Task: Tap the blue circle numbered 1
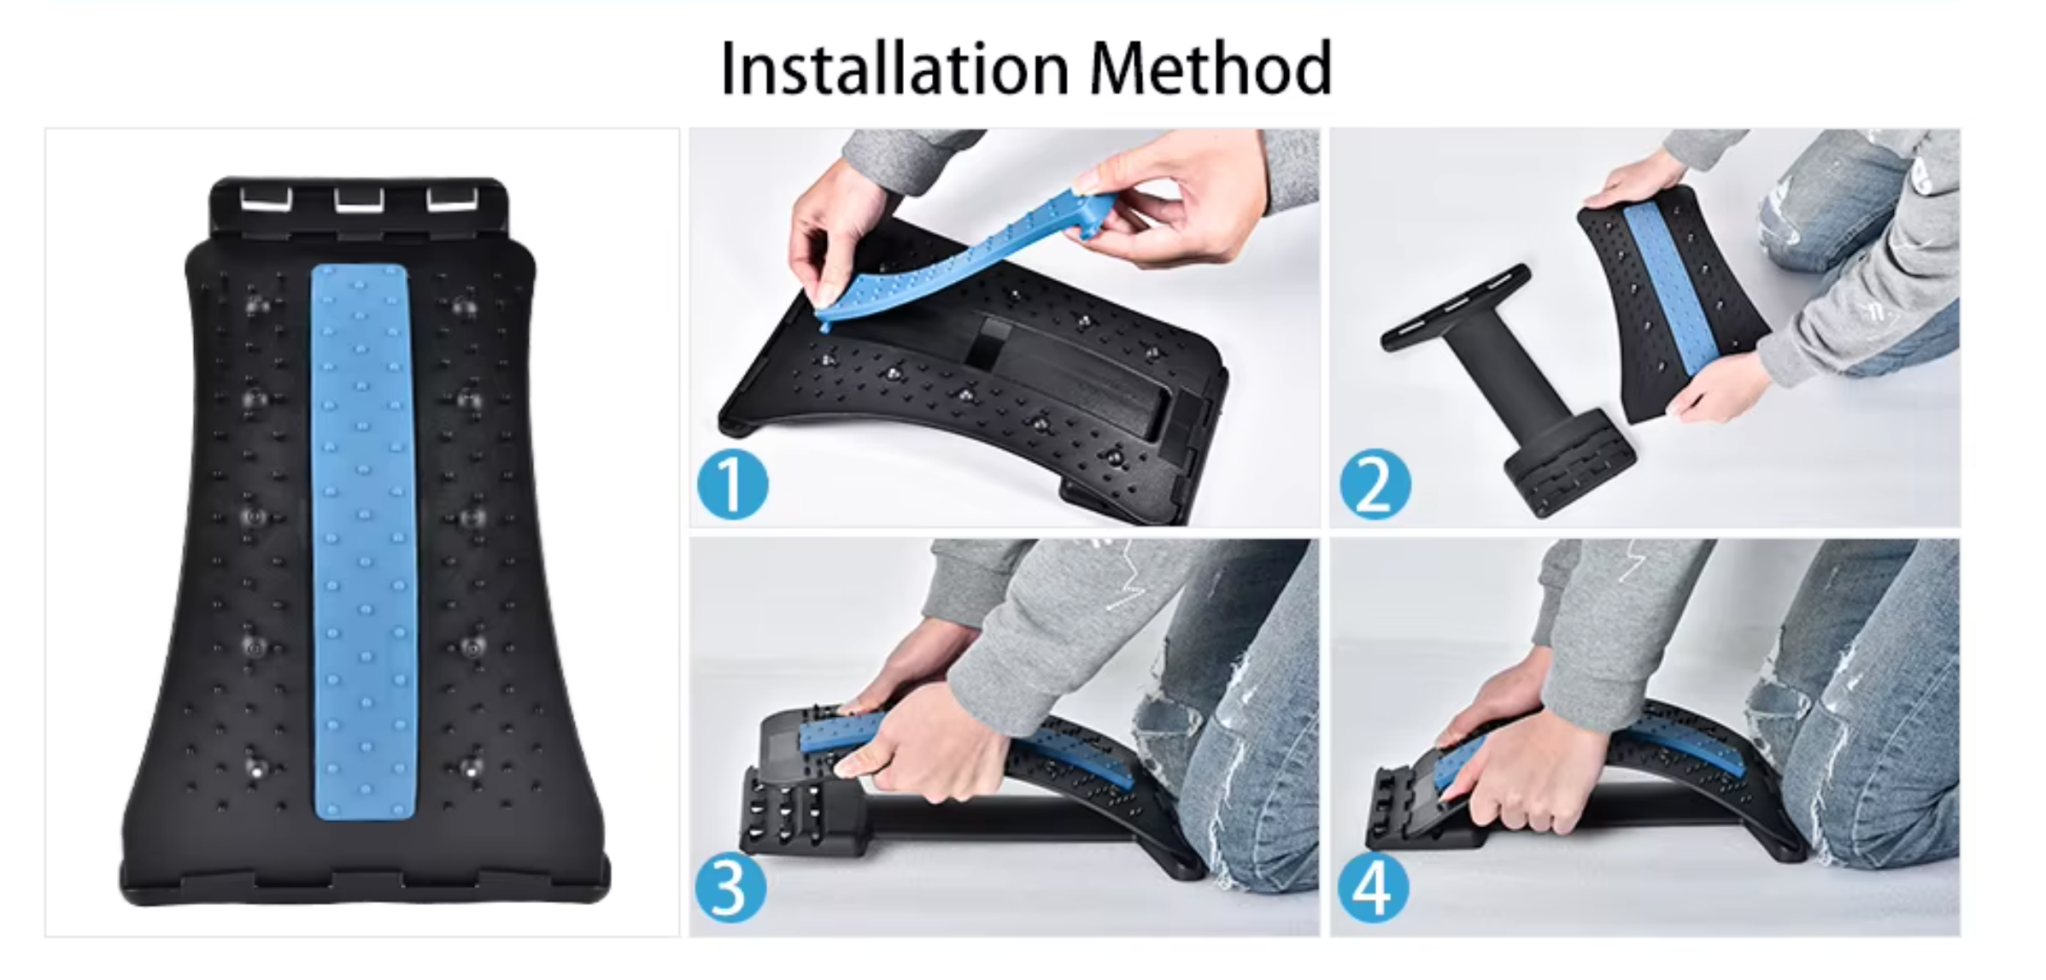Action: pos(732,485)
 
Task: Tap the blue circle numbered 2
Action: pos(1375,485)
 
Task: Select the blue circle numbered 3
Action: pos(730,888)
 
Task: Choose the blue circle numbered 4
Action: pos(1373,889)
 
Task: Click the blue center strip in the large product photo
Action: pos(363,538)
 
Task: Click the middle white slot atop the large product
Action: pos(359,201)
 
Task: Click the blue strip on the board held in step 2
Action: pos(1666,282)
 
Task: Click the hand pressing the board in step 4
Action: pos(1529,769)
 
